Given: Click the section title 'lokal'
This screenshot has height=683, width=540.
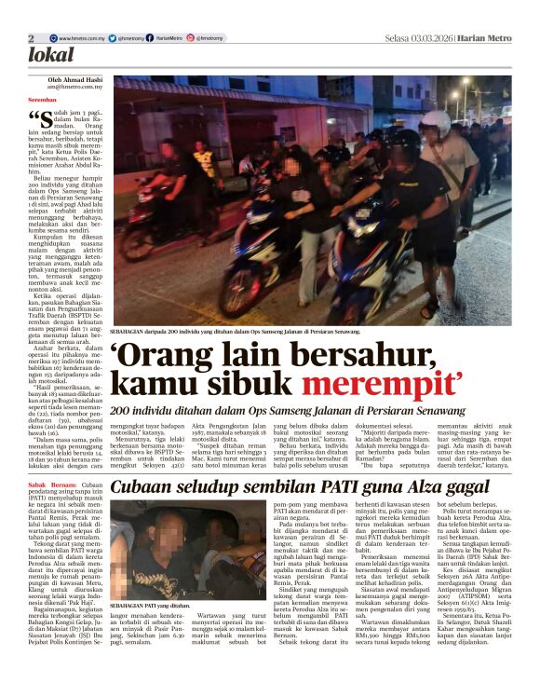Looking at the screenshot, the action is coord(51,55).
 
